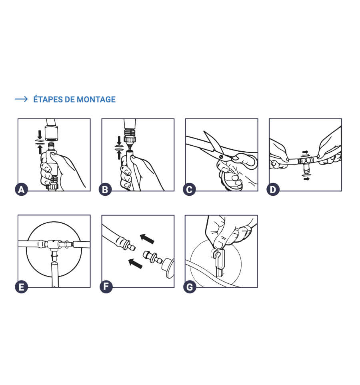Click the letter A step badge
21,190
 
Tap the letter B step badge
105,190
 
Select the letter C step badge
189,190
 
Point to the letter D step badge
273,190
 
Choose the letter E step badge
21,287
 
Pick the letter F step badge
106,286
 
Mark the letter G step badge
190,287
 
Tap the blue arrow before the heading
21,99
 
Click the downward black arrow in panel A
40,135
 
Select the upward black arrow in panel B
119,154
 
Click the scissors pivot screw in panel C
221,156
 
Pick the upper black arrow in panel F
147,239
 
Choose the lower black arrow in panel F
136,263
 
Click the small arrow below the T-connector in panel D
306,179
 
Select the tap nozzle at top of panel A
52,130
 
